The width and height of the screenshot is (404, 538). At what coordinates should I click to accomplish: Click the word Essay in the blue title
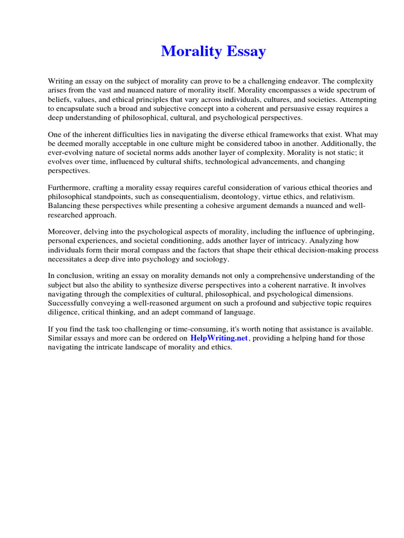coord(246,51)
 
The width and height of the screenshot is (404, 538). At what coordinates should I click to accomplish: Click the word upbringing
coord(354,232)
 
